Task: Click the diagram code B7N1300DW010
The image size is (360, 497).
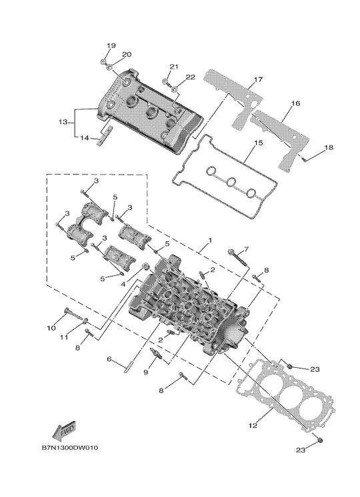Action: [x=70, y=448]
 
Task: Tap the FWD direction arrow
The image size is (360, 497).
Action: [x=65, y=430]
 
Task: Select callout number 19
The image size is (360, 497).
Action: [x=111, y=46]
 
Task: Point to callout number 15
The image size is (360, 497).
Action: [x=259, y=143]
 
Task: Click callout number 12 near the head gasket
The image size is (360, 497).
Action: [x=253, y=425]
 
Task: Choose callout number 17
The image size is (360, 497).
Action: [x=259, y=79]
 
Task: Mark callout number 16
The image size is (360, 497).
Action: [x=295, y=103]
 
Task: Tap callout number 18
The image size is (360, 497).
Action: [x=329, y=147]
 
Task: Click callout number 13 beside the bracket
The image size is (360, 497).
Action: [x=63, y=122]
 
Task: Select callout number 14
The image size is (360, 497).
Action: [x=84, y=138]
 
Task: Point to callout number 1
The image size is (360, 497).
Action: [x=210, y=241]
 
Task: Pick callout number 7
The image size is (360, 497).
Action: [x=246, y=248]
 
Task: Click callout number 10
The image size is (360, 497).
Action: [x=51, y=328]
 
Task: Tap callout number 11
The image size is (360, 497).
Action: [x=64, y=337]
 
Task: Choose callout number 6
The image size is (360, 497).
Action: [x=109, y=359]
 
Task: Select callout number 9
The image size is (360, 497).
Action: [x=145, y=372]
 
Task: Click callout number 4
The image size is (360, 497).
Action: [x=123, y=284]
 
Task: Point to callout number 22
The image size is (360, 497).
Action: [x=190, y=77]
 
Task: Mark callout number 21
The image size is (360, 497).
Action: [x=174, y=67]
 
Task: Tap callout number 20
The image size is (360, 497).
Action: [x=127, y=54]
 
